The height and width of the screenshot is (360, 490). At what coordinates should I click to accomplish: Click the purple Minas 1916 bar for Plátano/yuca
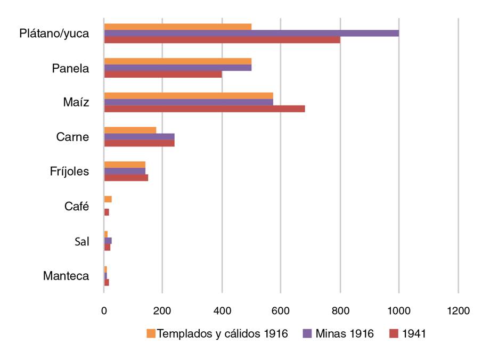pyautogui.click(x=251, y=33)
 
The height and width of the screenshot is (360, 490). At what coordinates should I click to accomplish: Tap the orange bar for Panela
pyautogui.click(x=178, y=61)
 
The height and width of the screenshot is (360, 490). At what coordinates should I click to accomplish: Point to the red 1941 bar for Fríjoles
pyautogui.click(x=126, y=178)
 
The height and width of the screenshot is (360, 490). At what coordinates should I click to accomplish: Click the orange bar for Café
pyautogui.click(x=108, y=199)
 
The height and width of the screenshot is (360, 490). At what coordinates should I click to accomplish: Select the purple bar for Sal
pyautogui.click(x=108, y=241)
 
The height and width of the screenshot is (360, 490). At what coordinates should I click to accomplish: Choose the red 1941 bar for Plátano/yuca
pyautogui.click(x=222, y=40)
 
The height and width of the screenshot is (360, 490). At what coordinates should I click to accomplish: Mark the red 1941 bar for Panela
pyautogui.click(x=163, y=75)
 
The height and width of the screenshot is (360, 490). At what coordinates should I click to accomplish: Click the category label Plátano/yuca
pyautogui.click(x=54, y=34)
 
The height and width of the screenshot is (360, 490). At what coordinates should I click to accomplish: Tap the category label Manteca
pyautogui.click(x=66, y=276)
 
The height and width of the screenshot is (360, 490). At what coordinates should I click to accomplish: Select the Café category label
pyautogui.click(x=77, y=207)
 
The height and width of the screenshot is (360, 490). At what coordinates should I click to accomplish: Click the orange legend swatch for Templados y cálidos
pyautogui.click(x=151, y=334)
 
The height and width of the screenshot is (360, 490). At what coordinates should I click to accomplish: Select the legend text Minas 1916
pyautogui.click(x=345, y=334)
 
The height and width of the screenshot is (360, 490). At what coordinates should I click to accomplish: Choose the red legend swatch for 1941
pyautogui.click(x=394, y=334)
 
